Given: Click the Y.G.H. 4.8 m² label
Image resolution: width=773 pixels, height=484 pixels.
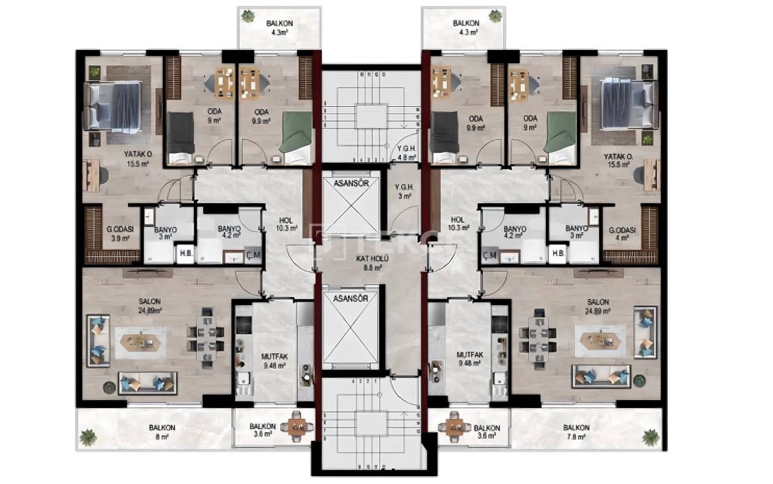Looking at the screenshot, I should point(406,153).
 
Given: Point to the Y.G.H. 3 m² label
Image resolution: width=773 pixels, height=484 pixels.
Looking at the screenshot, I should point(403,191).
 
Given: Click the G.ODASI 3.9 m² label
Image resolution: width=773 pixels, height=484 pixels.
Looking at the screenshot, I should point(120,234).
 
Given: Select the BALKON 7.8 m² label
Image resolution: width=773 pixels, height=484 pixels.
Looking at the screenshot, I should point(576,431).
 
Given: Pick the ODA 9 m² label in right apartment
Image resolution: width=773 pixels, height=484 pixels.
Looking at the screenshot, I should point(531,123).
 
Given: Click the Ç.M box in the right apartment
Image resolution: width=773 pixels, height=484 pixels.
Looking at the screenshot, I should point(490,255).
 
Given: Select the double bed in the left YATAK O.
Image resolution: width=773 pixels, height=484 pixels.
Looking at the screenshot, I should point(115,106).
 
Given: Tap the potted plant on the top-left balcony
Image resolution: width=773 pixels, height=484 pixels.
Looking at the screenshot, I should point(248,16).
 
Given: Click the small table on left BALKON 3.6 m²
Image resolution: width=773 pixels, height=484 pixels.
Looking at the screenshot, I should point(297,426).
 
